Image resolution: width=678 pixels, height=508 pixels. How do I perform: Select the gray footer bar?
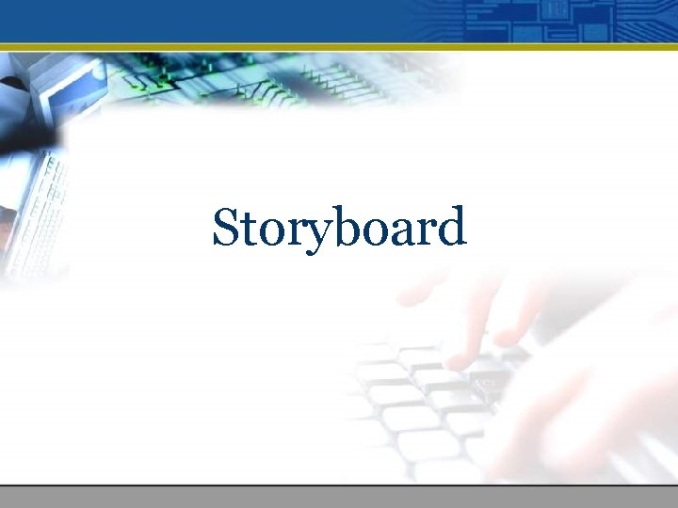339,497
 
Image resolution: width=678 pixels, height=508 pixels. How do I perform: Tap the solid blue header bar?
188,19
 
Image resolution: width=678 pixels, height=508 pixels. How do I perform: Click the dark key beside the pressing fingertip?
490,381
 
